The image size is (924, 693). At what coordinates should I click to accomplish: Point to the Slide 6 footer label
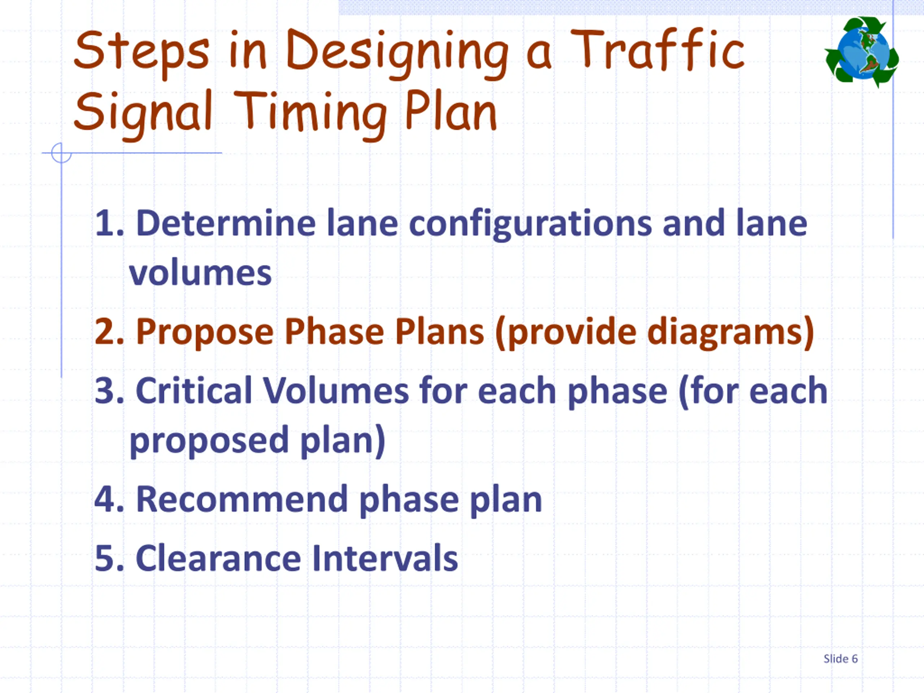(841, 659)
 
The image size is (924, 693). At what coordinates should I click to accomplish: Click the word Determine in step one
(226, 224)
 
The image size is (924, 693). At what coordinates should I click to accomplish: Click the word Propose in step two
(205, 332)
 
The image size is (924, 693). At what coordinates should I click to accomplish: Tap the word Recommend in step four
(242, 500)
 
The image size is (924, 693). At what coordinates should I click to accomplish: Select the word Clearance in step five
(218, 558)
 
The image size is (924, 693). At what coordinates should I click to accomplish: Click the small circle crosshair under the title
(61, 153)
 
